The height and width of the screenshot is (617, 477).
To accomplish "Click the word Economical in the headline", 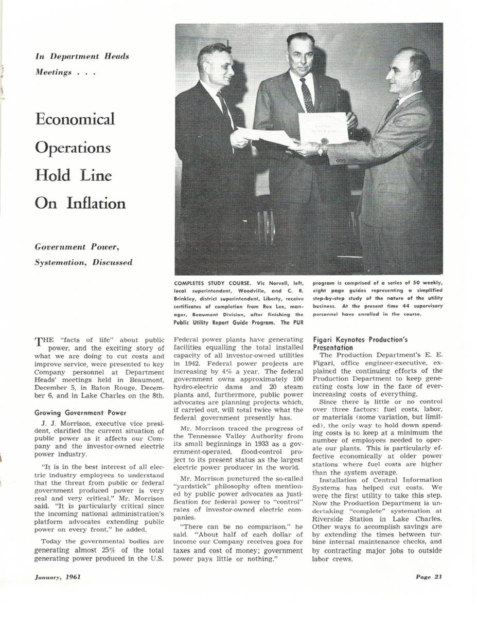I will point(75,119).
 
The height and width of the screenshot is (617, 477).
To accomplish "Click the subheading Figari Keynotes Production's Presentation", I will point(361,343).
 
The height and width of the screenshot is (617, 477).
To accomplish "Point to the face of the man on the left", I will point(219,67).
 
